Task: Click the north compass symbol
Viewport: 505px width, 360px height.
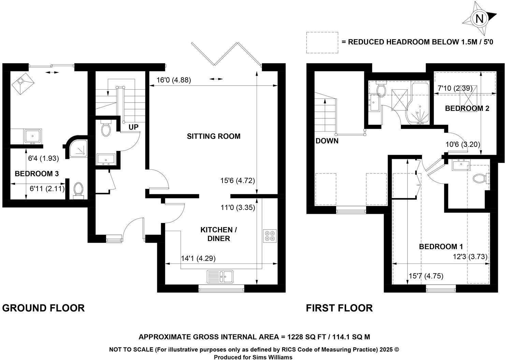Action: (479, 19)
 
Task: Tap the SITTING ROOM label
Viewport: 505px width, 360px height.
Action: (214, 136)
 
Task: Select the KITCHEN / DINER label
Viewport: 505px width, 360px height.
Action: (218, 234)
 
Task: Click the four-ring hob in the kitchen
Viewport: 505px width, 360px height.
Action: (270, 236)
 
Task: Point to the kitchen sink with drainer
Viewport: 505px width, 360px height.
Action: (220, 276)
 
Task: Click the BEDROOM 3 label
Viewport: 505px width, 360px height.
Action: (37, 174)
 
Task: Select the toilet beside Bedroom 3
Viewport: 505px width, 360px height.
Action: (78, 190)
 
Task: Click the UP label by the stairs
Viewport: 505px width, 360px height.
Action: (133, 127)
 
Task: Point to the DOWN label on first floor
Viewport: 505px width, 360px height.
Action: (327, 141)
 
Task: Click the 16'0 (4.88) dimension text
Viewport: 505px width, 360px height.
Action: (173, 80)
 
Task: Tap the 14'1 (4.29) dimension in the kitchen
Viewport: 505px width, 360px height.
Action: (198, 259)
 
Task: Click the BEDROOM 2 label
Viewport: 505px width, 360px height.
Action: (467, 108)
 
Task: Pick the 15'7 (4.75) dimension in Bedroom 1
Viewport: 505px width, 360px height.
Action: (426, 276)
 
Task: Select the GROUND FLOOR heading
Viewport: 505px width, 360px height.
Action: (43, 308)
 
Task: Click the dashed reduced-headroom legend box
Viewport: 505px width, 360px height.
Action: (322, 42)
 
